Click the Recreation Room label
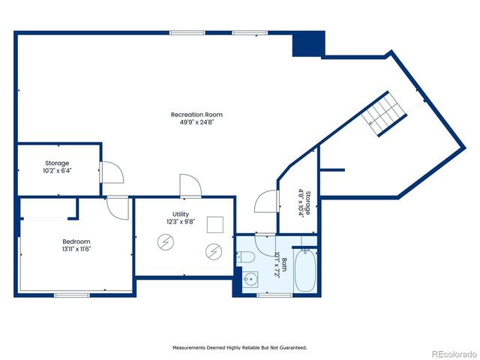click(196, 115)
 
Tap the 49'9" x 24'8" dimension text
click(196, 123)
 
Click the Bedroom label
click(76, 241)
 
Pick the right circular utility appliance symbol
click(214, 252)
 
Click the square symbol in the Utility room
click(215, 224)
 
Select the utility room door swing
click(189, 185)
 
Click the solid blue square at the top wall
click(308, 43)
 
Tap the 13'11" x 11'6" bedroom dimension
click(76, 249)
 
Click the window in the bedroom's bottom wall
click(73, 295)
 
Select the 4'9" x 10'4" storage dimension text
click(301, 202)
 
